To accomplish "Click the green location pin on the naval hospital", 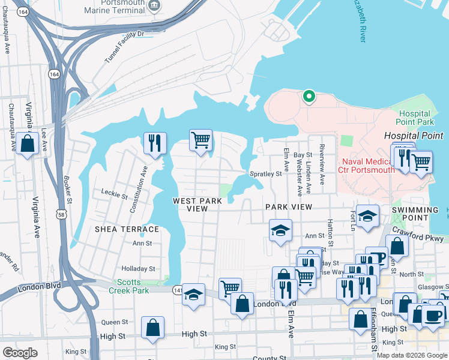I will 309,96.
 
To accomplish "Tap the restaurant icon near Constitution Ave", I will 155,143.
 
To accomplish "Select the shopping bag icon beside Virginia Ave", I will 27,144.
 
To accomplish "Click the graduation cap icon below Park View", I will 280,232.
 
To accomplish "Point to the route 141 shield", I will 178,290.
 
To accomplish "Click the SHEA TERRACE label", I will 127,229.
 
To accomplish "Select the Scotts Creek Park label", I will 128,286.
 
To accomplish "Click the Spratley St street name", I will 265,174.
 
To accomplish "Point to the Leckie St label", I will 114,195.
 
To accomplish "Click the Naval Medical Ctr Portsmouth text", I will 368,166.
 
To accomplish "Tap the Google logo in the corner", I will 20,352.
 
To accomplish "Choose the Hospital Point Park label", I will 415,118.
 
